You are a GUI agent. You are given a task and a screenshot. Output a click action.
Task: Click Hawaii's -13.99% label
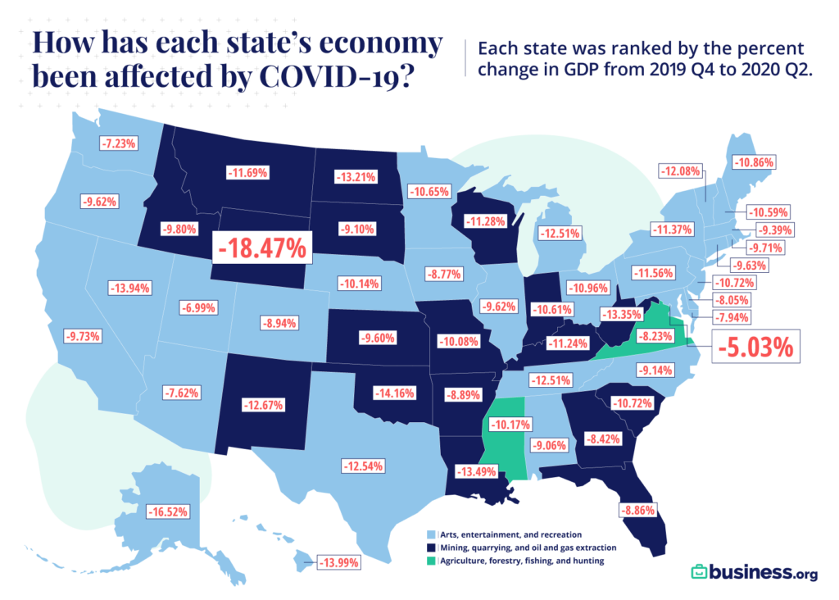(337, 562)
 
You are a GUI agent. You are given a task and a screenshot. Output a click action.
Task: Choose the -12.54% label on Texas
(362, 466)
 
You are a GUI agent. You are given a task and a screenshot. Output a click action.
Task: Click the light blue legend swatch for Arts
(430, 534)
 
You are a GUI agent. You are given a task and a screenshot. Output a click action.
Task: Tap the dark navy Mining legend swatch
(430, 548)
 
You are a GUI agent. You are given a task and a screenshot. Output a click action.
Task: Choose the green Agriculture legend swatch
(430, 561)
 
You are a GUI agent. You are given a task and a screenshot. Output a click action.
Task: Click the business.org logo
(753, 571)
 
